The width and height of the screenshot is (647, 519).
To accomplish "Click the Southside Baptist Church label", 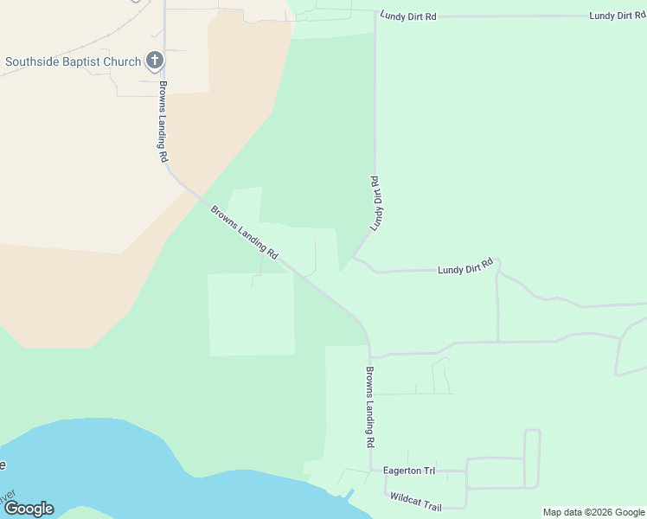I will point(73,61).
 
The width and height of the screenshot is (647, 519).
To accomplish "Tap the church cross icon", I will point(154,61).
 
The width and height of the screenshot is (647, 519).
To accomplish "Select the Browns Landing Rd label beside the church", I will point(162,122).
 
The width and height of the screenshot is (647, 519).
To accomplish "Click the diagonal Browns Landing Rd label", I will point(245,231).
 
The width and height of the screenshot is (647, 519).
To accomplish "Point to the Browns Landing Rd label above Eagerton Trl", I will point(369,407).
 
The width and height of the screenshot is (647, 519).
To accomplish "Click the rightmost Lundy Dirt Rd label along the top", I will point(618,16).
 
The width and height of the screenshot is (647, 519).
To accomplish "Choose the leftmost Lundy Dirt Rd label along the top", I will point(408,16).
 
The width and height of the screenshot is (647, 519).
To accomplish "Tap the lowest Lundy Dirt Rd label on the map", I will point(464,269).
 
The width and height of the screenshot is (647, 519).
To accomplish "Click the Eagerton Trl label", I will point(409,471).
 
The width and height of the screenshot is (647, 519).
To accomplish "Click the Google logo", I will point(29,509).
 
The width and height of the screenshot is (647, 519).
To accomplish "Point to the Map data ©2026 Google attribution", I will point(593,512).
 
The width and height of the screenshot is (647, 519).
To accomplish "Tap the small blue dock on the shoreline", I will point(349,494).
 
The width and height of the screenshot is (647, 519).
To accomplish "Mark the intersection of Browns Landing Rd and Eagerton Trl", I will point(370,472).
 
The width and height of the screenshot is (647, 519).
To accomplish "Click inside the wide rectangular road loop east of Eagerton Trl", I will point(496,472).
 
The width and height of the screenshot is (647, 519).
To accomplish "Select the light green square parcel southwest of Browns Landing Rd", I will point(251,314).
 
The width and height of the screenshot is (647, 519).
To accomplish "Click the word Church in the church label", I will point(121,61).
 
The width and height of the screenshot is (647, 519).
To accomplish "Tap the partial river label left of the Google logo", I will point(9,497).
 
